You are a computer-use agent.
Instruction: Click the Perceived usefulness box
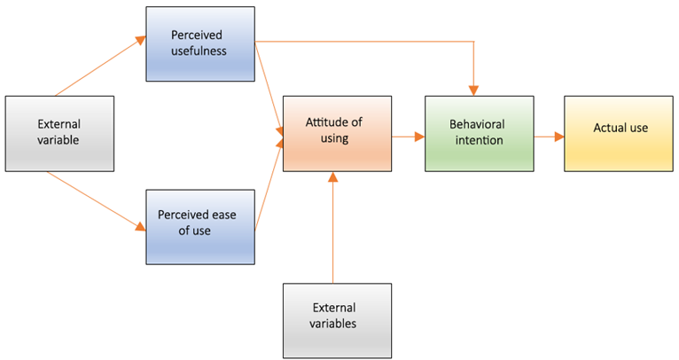pyautogui.click(x=199, y=43)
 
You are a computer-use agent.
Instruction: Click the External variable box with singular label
pyautogui.click(x=59, y=133)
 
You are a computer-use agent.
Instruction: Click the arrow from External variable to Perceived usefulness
pyautogui.click(x=99, y=67)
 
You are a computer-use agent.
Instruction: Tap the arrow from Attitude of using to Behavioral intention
pyautogui.click(x=407, y=137)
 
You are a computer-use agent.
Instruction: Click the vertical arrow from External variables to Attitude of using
pyautogui.click(x=333, y=231)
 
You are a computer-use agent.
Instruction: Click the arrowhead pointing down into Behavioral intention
pyautogui.click(x=474, y=89)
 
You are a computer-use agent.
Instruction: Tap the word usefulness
pyautogui.click(x=199, y=51)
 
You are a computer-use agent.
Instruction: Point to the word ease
pyautogui.click(x=224, y=215)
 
